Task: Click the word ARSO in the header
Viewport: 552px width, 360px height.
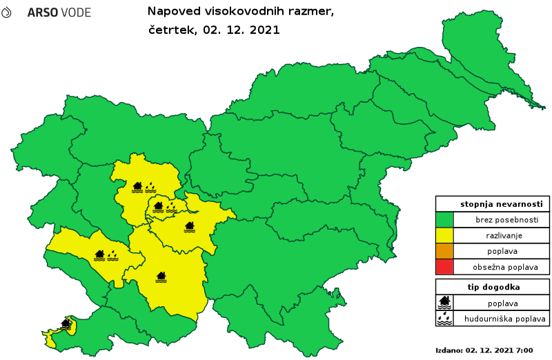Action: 41,13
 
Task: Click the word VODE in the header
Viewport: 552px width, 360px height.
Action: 75,13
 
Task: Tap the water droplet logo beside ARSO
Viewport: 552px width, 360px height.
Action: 6,12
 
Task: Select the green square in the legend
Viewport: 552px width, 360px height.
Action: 444,219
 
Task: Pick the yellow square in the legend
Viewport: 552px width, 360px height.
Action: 444,235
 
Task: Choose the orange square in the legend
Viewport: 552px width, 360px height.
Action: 444,250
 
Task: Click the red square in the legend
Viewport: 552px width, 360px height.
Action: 444,266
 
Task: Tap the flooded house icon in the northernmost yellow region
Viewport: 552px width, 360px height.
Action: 137,187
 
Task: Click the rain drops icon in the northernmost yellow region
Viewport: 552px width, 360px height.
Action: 150,187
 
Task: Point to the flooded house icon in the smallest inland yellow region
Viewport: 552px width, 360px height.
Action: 158,206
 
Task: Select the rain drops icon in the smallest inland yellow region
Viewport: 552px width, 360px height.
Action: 171,206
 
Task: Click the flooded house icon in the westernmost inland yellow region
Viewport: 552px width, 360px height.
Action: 99,256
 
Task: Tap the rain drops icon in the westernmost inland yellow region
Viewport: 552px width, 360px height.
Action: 112,256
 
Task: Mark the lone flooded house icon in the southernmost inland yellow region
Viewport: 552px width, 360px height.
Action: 161,277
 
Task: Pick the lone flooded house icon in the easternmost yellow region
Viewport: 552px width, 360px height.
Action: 190,226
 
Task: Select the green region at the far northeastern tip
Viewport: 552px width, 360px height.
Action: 476,41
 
